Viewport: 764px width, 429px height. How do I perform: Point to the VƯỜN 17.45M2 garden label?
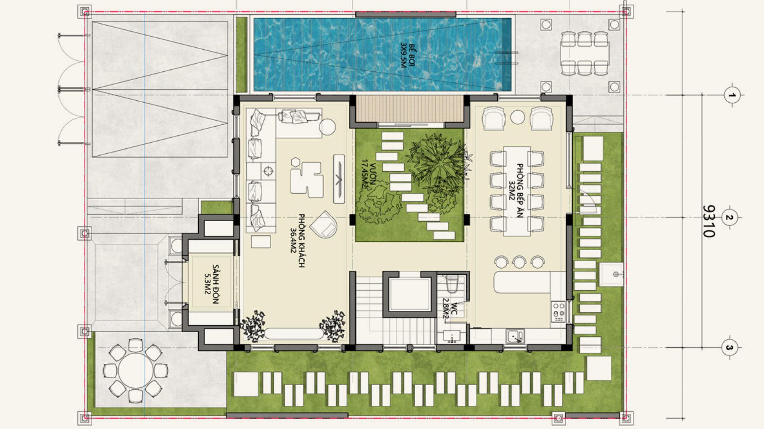369,174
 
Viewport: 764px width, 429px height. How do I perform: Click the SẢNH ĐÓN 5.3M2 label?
212,284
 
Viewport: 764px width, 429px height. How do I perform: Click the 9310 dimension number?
709,221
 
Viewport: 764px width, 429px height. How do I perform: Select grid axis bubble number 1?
732,95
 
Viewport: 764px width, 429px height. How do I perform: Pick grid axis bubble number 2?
729,218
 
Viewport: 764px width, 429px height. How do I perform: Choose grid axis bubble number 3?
729,348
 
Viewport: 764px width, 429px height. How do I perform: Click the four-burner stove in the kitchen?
558,312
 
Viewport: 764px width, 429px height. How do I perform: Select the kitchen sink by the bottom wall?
515,336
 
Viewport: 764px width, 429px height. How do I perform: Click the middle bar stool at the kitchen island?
519,262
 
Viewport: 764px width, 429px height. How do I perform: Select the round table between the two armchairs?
518,117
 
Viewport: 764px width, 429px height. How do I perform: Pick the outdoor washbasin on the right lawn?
611,274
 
